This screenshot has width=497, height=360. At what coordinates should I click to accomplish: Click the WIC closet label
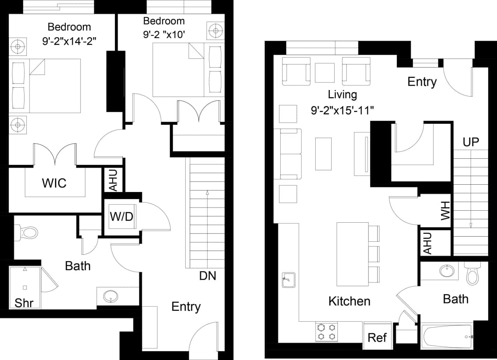[x=54, y=183]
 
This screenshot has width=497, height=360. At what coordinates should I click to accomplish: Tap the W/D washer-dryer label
[x=122, y=216]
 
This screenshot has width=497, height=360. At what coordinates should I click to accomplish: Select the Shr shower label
[x=24, y=303]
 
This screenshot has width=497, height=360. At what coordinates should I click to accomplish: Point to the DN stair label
[x=208, y=276]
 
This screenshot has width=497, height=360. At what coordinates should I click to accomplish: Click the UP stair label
[x=471, y=142]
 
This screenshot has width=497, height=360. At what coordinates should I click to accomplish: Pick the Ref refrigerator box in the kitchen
[x=377, y=337]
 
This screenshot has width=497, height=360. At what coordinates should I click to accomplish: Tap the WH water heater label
[x=445, y=211]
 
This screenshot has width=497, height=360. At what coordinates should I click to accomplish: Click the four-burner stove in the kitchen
[x=326, y=332]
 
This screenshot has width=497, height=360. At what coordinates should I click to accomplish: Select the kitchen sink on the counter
[x=288, y=279]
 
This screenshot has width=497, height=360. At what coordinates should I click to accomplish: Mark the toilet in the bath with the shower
[x=27, y=233]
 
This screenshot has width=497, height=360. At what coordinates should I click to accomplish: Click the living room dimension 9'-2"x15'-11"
[x=342, y=111]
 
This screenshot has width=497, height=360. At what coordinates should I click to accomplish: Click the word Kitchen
[x=349, y=301]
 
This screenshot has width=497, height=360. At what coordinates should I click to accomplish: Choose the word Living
[x=342, y=94]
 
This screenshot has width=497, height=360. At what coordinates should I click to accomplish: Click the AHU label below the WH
[x=427, y=243]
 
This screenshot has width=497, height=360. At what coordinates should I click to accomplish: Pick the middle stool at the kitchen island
[x=374, y=253]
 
